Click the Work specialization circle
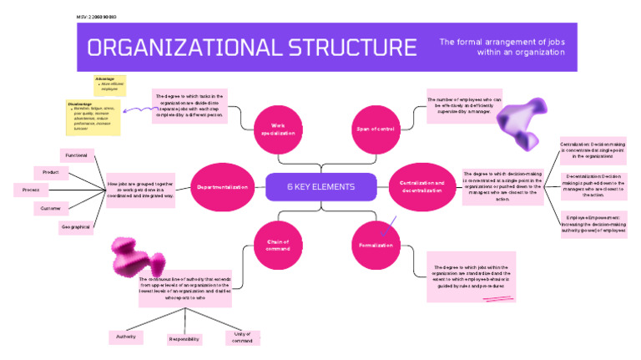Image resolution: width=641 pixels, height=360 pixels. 278,129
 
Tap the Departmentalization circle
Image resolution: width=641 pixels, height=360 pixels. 222,187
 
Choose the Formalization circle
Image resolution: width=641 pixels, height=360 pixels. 376,245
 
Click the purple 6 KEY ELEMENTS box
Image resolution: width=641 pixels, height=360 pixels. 320,186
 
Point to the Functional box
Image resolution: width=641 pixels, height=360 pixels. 76,155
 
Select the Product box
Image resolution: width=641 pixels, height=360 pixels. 51,172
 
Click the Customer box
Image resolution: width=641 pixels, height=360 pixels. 51,209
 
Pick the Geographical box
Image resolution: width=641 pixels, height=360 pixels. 76,226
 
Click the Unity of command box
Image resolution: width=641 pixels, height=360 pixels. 242,337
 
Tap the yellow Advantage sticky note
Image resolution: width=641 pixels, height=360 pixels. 109,84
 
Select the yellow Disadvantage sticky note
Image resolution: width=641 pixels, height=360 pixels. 93,117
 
